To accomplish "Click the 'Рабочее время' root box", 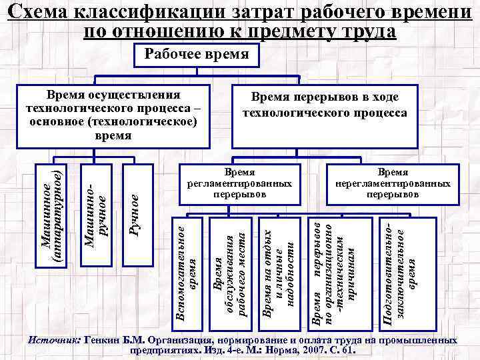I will [x=193, y=56].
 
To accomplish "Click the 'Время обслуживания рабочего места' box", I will [x=229, y=273].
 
